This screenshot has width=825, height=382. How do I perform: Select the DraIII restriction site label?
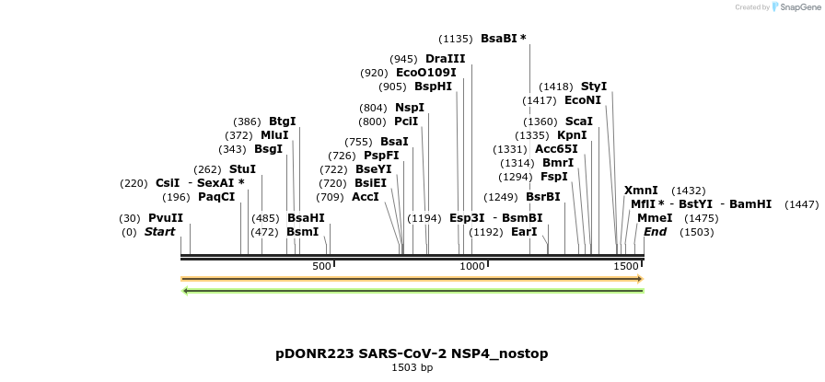pyautogui.click(x=446, y=59)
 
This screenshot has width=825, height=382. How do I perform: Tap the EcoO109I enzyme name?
pyautogui.click(x=425, y=73)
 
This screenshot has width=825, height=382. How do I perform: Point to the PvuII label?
pyautogui.click(x=166, y=218)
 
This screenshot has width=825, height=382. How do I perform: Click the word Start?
pyautogui.click(x=159, y=232)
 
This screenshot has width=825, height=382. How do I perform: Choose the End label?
pyautogui.click(x=655, y=232)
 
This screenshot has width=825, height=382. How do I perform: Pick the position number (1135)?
pyautogui.click(x=456, y=39)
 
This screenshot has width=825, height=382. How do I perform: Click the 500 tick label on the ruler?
pyautogui.click(x=321, y=266)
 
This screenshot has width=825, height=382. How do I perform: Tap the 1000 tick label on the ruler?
pyautogui.click(x=472, y=266)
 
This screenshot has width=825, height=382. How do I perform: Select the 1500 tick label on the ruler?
pyautogui.click(x=626, y=266)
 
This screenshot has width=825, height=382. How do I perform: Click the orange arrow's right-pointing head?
pyautogui.click(x=639, y=278)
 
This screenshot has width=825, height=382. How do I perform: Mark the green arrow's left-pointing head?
pyautogui.click(x=186, y=291)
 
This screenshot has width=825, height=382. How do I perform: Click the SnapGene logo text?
pyautogui.click(x=796, y=7)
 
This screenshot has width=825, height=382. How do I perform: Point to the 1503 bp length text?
pyautogui.click(x=412, y=367)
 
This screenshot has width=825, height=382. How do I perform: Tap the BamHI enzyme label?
pyautogui.click(x=750, y=204)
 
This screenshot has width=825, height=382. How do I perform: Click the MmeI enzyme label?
pyautogui.click(x=655, y=218)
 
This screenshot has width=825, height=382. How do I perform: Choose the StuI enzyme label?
pyautogui.click(x=242, y=169)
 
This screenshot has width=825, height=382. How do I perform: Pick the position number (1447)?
pyautogui.click(x=801, y=204)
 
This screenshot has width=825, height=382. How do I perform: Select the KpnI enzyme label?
pyautogui.click(x=572, y=135)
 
